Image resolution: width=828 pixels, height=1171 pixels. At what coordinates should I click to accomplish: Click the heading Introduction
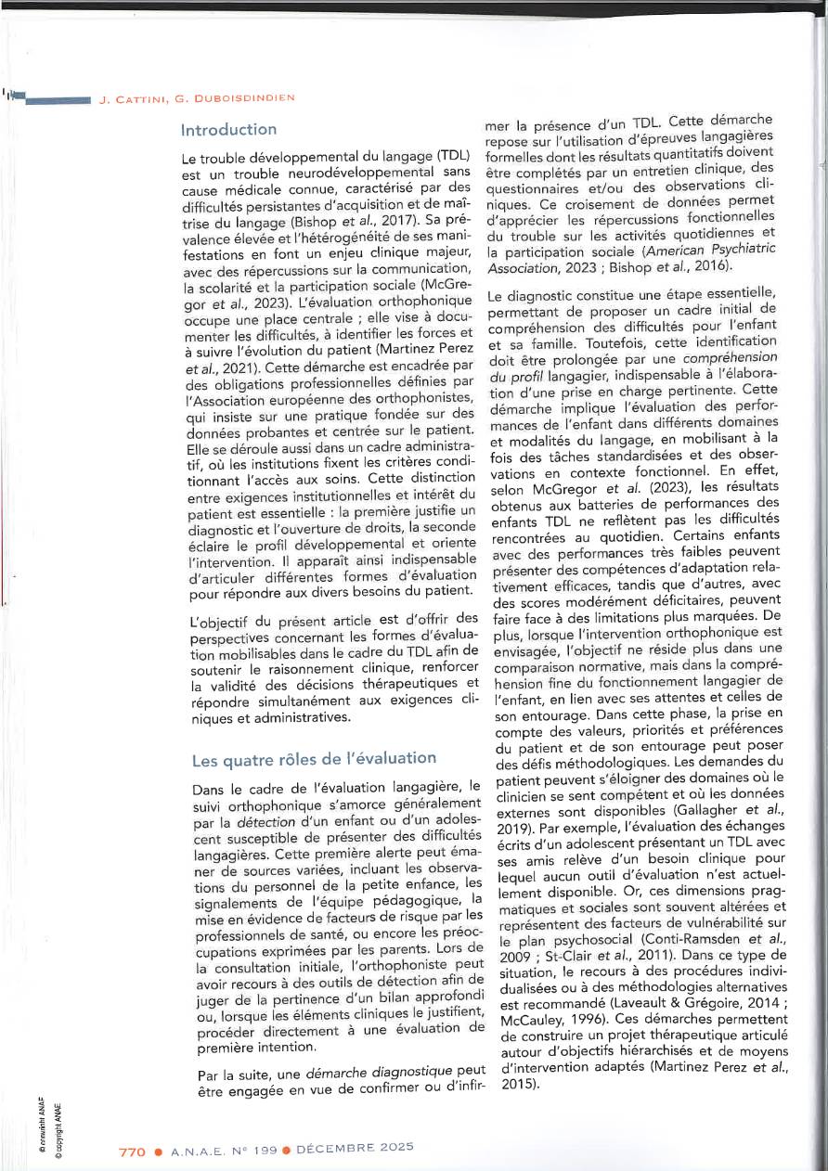tap(228, 129)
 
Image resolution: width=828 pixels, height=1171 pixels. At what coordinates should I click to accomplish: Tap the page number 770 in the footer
tap(133, 1152)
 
